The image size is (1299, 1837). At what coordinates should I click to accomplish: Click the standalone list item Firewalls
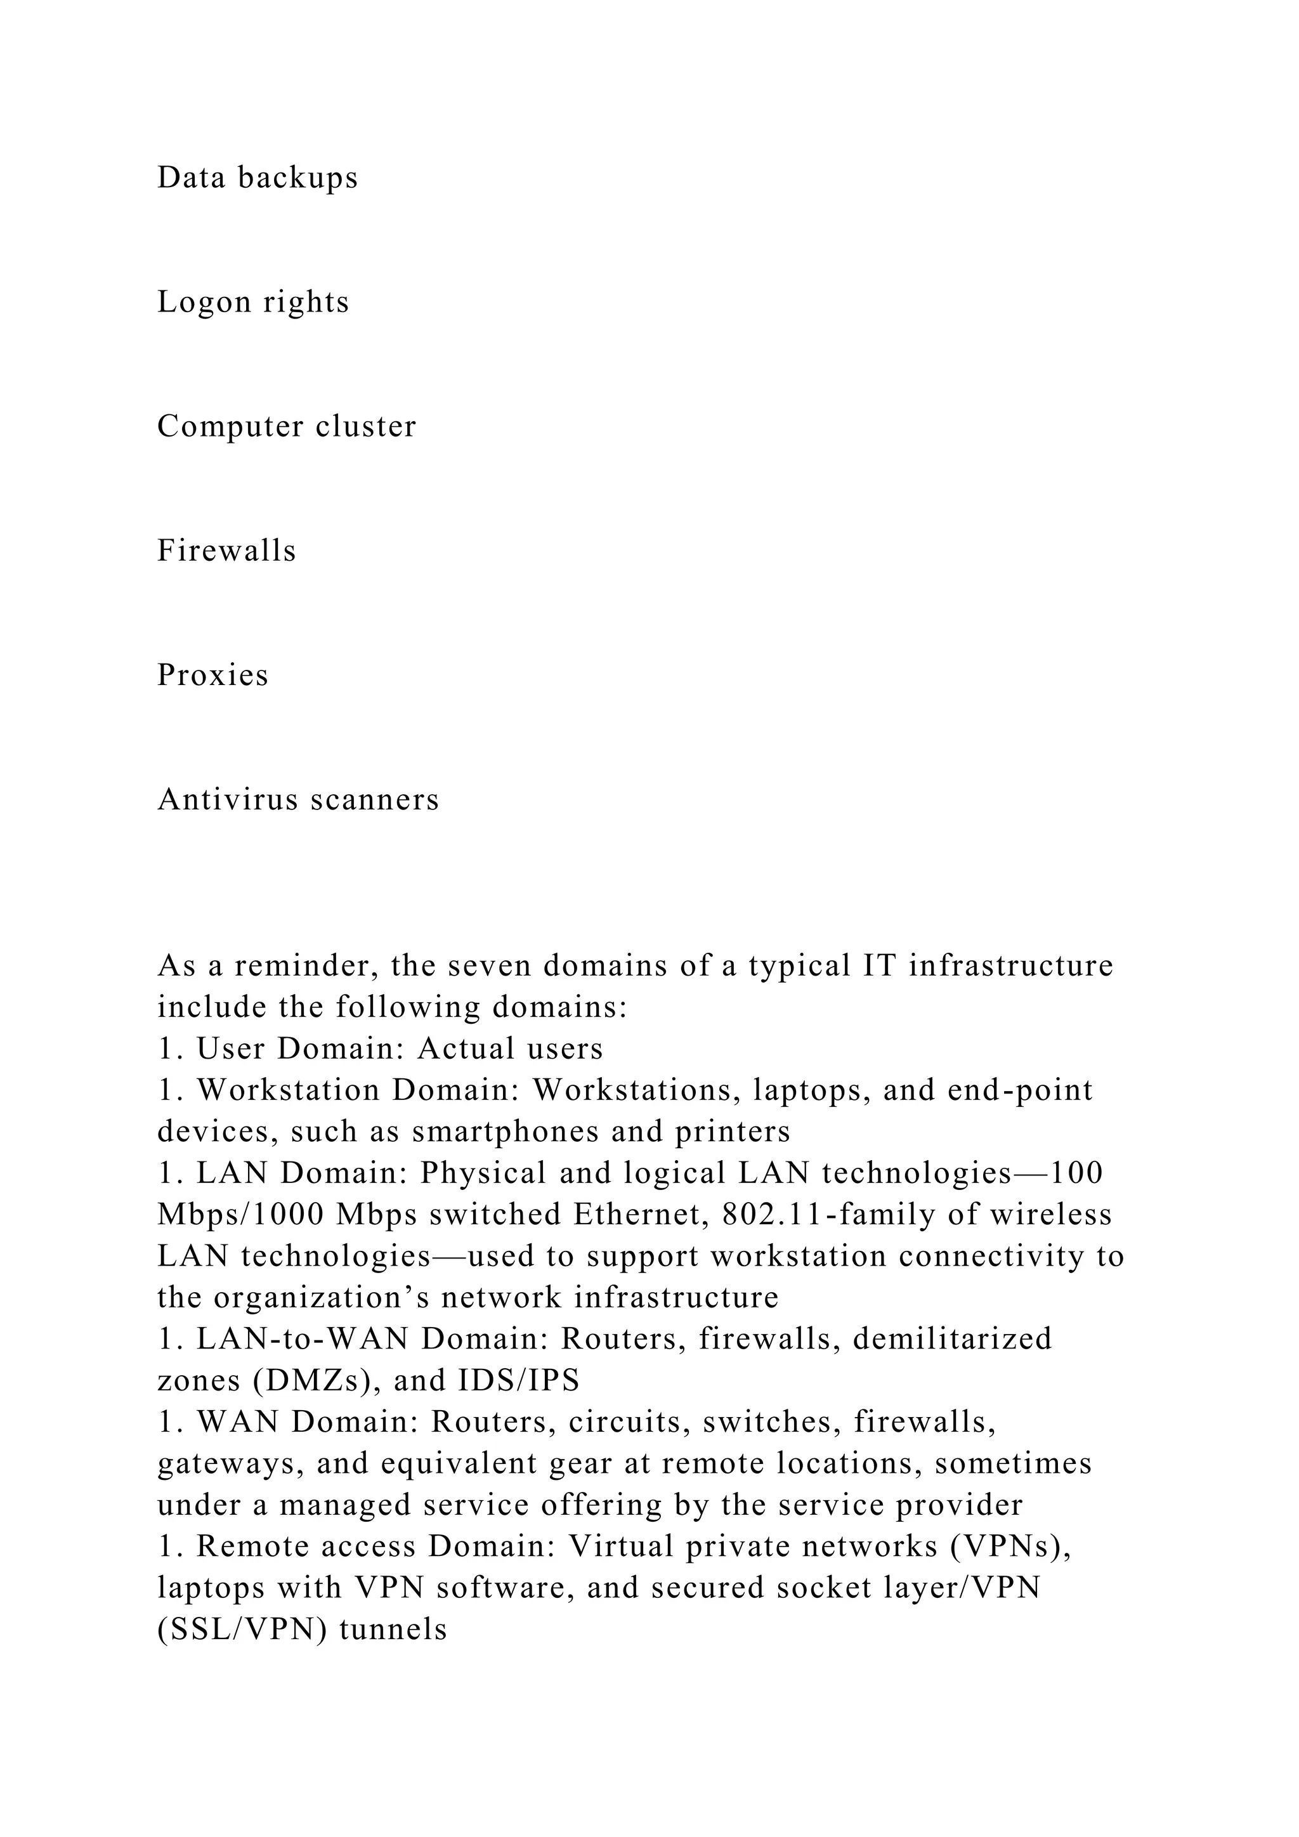click(226, 551)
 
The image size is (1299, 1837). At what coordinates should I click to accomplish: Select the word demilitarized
click(952, 1338)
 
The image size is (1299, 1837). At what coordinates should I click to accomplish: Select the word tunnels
click(393, 1629)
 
